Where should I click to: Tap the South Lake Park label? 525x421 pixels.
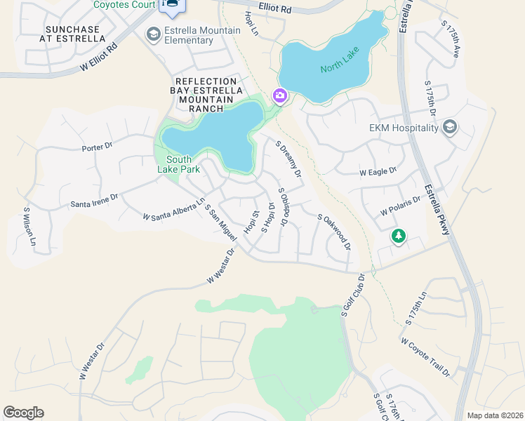179,164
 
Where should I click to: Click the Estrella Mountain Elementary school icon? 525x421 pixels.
152,34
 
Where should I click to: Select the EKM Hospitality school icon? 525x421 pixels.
449,127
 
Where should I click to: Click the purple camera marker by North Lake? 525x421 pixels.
280,95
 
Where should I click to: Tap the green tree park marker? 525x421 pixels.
399,236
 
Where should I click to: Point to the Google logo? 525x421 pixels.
23,413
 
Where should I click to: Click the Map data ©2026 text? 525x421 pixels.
495,415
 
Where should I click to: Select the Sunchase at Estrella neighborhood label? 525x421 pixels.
74,34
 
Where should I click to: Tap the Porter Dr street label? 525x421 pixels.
97,147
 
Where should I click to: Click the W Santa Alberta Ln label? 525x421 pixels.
174,210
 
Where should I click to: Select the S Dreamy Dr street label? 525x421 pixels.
288,159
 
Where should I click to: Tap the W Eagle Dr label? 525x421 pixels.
378,171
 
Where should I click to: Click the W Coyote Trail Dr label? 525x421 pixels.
425,358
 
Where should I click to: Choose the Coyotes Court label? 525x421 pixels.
124,4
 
